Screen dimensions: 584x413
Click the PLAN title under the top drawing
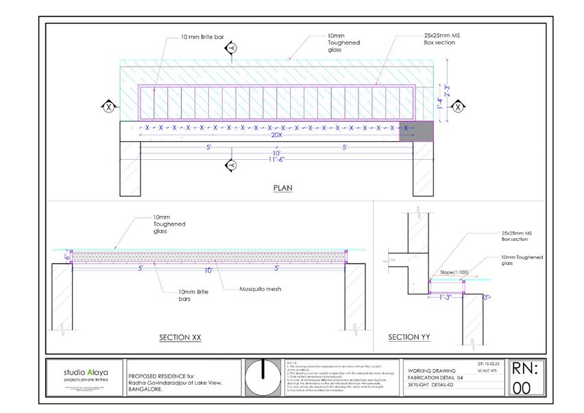282,187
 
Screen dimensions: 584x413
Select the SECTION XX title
180,337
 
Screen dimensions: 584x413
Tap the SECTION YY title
408,337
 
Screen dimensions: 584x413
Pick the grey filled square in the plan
416,131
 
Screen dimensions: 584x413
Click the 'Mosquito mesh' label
260,289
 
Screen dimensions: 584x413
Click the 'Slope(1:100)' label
454,272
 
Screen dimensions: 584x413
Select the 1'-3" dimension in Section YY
446,296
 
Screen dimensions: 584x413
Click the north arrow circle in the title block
263,377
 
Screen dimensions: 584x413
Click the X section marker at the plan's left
108,106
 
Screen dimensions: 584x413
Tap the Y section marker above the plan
232,47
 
